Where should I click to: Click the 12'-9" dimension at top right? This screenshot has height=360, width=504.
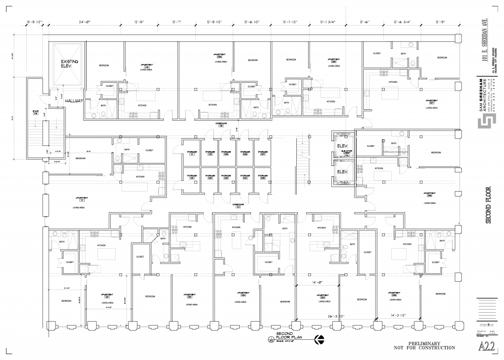click(440, 22)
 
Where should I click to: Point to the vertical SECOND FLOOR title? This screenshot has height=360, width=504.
click(489, 205)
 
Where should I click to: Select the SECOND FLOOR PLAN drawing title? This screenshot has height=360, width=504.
click(287, 336)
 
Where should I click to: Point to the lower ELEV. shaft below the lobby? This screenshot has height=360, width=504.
click(342, 171)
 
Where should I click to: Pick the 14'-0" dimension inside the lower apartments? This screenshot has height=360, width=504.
click(317, 282)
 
